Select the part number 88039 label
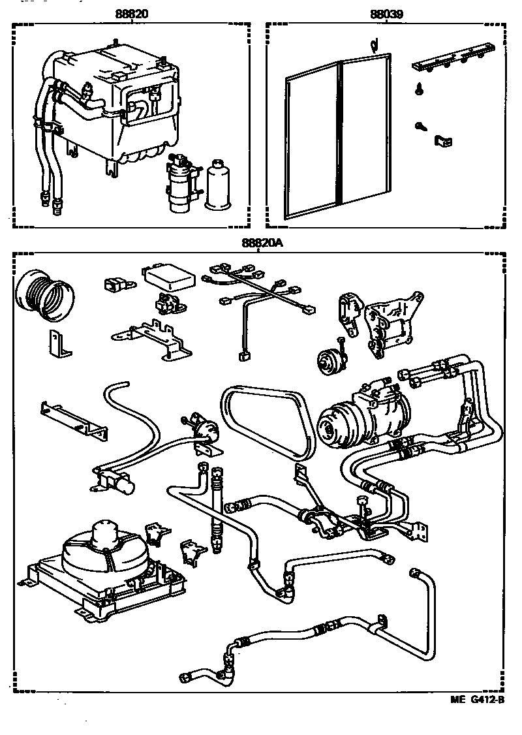(386, 12)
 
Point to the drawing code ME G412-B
(477, 700)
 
